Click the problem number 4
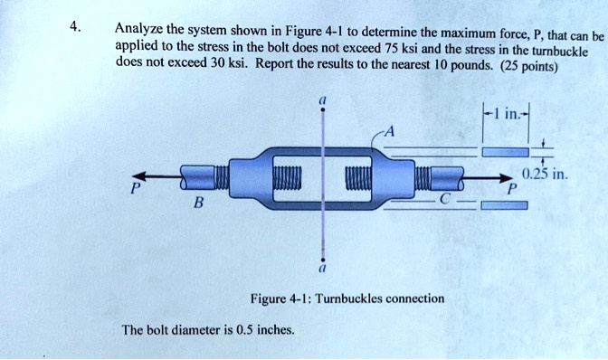75,27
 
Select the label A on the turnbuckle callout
389,132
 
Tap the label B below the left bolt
198,202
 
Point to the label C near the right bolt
444,199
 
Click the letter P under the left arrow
135,189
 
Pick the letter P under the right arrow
513,189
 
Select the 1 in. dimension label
506,114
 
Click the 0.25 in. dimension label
545,174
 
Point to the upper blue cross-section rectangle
505,152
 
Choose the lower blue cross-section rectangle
505,205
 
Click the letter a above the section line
321,100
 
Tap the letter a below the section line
321,268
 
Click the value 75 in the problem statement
391,48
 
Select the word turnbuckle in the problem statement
560,52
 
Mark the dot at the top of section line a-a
322,109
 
